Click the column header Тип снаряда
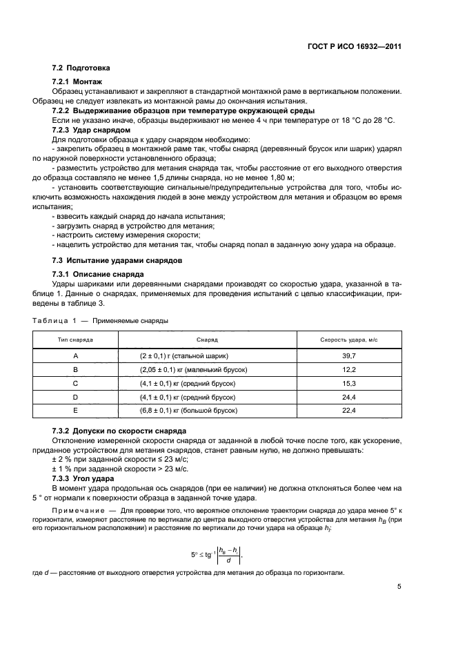click(75, 341)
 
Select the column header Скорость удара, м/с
click(349, 341)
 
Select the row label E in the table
click(75, 411)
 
